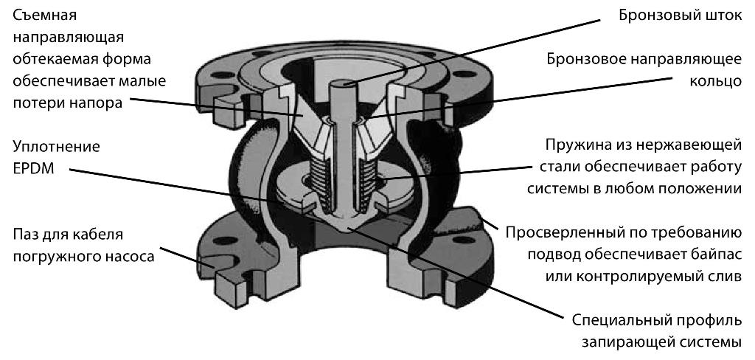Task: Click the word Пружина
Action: click(577, 145)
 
